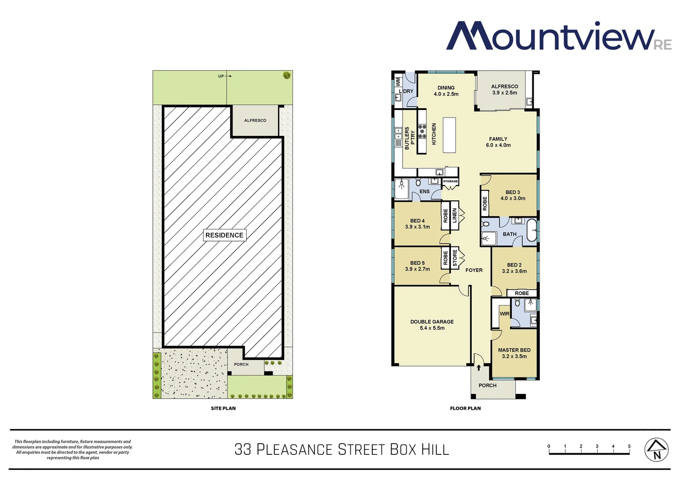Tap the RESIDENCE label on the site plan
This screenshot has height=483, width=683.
pyautogui.click(x=224, y=235)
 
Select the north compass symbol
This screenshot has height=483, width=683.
pyautogui.click(x=656, y=450)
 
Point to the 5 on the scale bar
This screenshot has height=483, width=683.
pyautogui.click(x=629, y=446)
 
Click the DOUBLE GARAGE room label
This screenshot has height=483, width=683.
pyautogui.click(x=432, y=322)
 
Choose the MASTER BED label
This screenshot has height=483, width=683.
pyautogui.click(x=514, y=350)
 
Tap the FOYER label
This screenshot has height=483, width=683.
pyautogui.click(x=474, y=270)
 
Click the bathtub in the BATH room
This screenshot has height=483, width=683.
pyautogui.click(x=531, y=231)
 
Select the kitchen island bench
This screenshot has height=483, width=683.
pyautogui.click(x=449, y=135)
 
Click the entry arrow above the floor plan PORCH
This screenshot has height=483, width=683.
pyautogui.click(x=479, y=368)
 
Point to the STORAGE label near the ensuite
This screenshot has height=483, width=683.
pyautogui.click(x=450, y=181)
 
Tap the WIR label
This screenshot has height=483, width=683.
pyautogui.click(x=504, y=314)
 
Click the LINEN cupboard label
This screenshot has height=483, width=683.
pyautogui.click(x=455, y=216)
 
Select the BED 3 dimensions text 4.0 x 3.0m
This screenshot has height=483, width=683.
pyautogui.click(x=513, y=199)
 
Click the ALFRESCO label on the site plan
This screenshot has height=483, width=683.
pyautogui.click(x=255, y=121)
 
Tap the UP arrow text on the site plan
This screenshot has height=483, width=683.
pyautogui.click(x=221, y=76)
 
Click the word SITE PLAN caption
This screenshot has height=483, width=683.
pyautogui.click(x=223, y=408)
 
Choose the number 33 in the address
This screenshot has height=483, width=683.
pyautogui.click(x=243, y=449)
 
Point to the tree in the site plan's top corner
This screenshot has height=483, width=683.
pyautogui.click(x=287, y=75)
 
